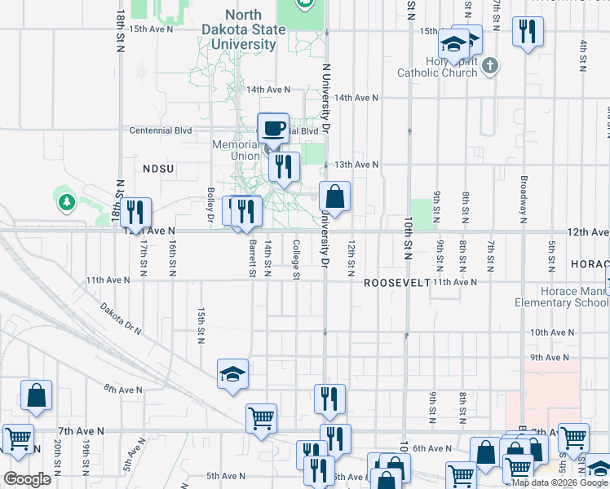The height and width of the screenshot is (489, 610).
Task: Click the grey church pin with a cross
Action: pyautogui.click(x=489, y=65)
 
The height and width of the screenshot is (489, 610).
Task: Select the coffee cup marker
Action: pyautogui.click(x=273, y=128)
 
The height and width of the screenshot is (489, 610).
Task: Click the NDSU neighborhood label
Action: pyautogui.click(x=159, y=168)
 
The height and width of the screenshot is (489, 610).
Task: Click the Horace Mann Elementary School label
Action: pyautogui.click(x=562, y=297)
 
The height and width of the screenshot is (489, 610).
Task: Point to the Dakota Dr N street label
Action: pyautogui.click(x=122, y=319)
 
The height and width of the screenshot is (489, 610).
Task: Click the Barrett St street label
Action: pyautogui.click(x=253, y=258)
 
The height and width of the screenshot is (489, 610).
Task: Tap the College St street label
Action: pyautogui.click(x=295, y=258)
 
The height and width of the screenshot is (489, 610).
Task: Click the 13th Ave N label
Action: pyautogui.click(x=356, y=164)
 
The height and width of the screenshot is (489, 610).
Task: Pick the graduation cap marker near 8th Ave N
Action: pyautogui.click(x=232, y=374)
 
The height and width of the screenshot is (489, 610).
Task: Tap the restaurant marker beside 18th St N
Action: pyautogui.click(x=136, y=213)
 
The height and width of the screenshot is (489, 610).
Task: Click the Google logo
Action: pyautogui.click(x=28, y=479)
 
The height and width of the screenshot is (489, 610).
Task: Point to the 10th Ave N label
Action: pyautogui.click(x=552, y=333)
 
